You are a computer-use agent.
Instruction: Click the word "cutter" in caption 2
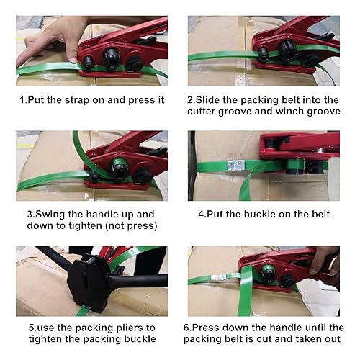[x=204, y=112]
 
